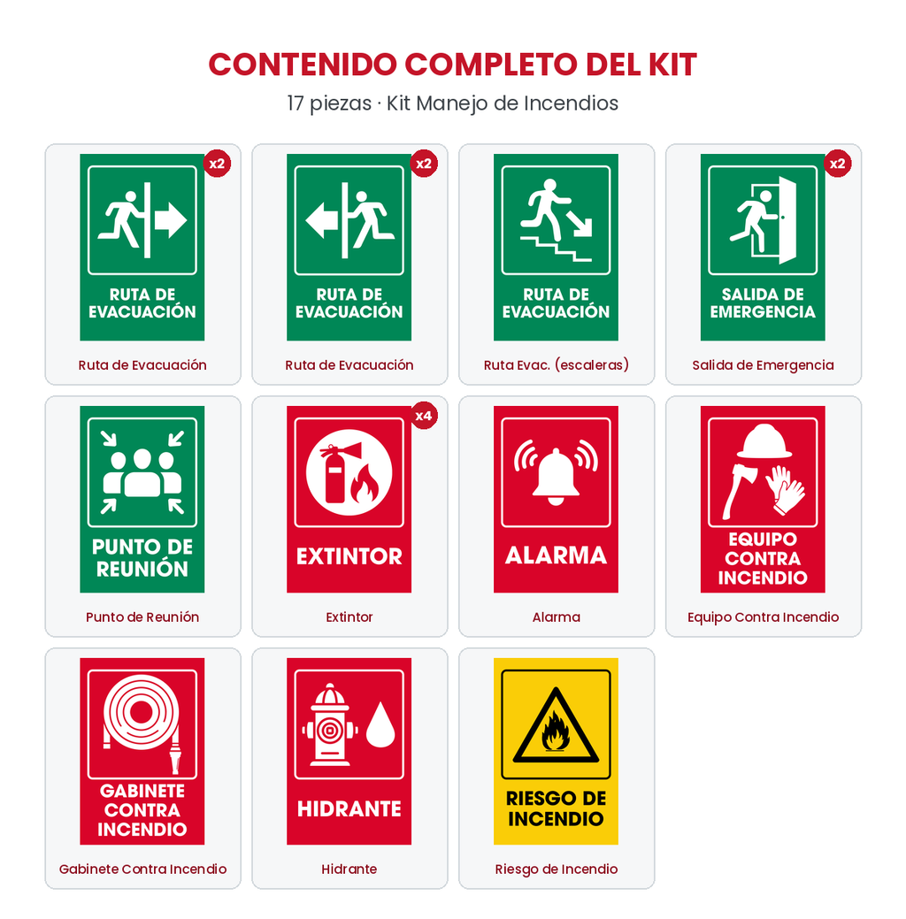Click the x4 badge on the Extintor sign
click(x=424, y=416)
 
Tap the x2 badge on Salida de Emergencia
click(x=837, y=164)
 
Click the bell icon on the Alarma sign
click(x=556, y=476)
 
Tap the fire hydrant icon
click(x=330, y=724)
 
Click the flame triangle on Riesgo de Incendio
click(x=556, y=727)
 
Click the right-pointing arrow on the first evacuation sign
click(x=171, y=220)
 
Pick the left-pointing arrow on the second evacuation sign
click(x=322, y=220)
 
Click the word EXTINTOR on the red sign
click(x=349, y=556)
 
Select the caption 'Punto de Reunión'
click(x=142, y=616)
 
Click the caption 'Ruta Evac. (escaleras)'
click(x=556, y=365)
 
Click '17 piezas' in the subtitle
click(x=329, y=103)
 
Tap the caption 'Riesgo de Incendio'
click(x=556, y=869)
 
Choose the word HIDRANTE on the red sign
click(x=349, y=808)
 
